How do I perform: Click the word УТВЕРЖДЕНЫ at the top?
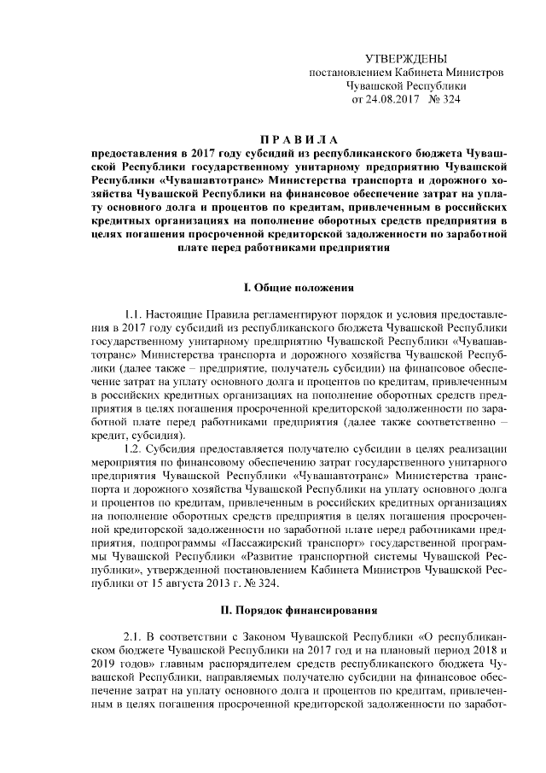pos(405,58)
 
